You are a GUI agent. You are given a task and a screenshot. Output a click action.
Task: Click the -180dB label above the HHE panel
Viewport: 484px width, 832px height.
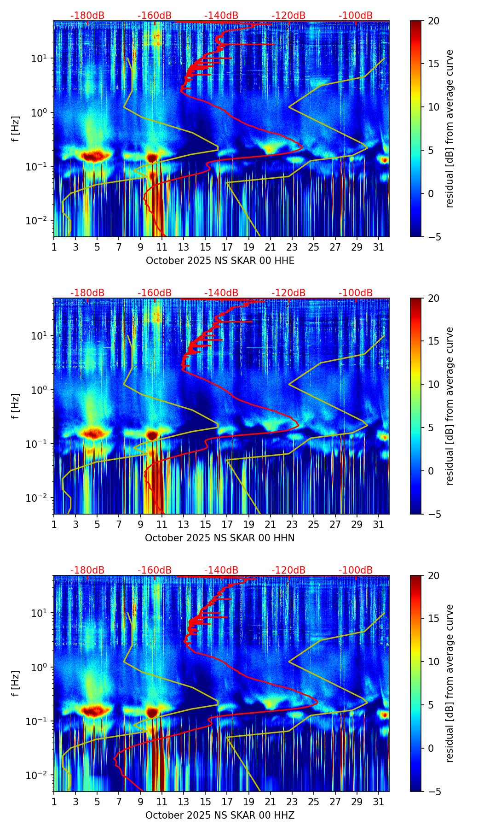coord(87,16)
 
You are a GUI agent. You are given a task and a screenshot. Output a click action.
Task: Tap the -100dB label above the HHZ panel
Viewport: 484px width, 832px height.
coord(356,570)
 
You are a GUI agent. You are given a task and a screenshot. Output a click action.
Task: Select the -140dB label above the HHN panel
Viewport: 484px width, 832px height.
coord(221,293)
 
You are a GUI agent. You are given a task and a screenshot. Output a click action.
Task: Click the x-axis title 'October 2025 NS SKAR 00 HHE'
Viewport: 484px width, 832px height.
coord(220,261)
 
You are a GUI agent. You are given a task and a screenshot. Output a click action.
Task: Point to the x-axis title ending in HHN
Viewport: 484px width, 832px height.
coord(220,538)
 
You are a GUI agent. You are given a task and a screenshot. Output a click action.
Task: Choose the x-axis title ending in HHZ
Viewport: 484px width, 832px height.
coord(220,815)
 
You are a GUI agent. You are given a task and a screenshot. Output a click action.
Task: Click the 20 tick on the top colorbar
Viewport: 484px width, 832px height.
coord(433,21)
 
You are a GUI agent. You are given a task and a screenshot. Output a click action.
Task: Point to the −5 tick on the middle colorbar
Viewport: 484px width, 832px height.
coord(433,514)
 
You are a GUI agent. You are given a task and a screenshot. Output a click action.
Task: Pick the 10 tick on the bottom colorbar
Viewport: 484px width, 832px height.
coord(433,662)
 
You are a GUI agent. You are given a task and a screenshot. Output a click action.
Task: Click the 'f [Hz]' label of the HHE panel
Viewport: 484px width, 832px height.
coord(16,129)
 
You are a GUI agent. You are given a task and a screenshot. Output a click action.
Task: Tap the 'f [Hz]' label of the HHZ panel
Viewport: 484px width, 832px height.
coord(16,684)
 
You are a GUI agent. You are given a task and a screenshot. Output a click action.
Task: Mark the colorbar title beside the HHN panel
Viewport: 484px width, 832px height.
coord(450,406)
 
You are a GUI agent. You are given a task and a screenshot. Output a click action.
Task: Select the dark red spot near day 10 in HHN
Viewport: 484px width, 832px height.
coord(152,435)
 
